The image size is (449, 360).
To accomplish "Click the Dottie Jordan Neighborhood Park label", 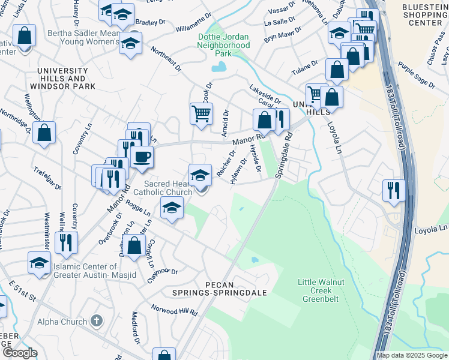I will point(224,44).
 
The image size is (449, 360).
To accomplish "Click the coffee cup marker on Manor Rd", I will point(142,157).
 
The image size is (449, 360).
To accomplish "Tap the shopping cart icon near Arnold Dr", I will point(201,113).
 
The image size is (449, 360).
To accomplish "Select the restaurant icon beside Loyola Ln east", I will point(394,190).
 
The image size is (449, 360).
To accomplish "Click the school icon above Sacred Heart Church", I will point(200,176).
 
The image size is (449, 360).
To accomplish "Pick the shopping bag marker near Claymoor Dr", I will point(135,246).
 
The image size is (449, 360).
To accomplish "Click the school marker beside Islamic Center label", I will point(40,263).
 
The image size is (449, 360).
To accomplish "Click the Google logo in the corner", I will point(20,353).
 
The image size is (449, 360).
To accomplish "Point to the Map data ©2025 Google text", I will point(412,355).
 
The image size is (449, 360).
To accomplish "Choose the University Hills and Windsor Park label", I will point(66,79).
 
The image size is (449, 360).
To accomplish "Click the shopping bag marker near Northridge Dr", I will point(44,133).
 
